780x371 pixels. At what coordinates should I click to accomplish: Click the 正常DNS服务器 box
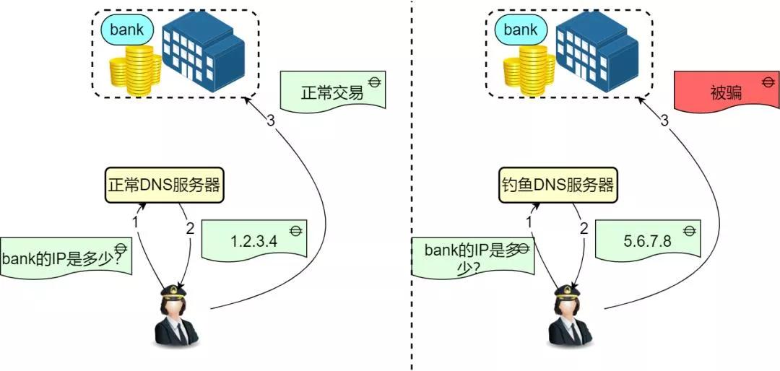pyautogui.click(x=163, y=185)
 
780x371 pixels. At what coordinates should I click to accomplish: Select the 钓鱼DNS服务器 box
pyautogui.click(x=557, y=185)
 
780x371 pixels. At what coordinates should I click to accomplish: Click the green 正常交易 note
pyautogui.click(x=332, y=92)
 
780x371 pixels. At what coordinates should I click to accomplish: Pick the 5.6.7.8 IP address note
pyautogui.click(x=648, y=241)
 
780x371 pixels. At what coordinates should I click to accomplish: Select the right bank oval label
pyautogui.click(x=521, y=30)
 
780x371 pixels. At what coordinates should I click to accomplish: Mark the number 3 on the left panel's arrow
pyautogui.click(x=270, y=121)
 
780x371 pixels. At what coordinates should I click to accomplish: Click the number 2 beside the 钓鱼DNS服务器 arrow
pyautogui.click(x=584, y=229)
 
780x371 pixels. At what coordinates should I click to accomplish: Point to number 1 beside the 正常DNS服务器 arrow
pyautogui.click(x=135, y=222)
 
